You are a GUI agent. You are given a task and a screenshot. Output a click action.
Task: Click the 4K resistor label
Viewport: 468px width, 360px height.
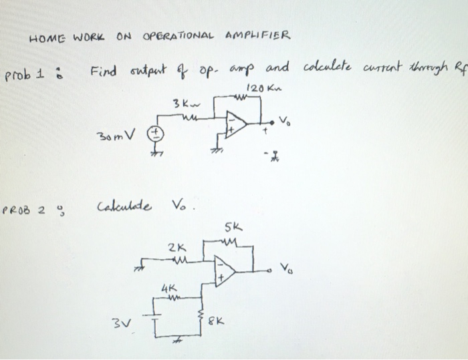coord(167,288)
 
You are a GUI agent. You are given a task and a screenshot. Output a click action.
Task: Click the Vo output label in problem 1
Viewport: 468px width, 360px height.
coord(285,122)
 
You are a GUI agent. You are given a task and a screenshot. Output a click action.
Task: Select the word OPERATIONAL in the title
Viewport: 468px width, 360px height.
coord(179,35)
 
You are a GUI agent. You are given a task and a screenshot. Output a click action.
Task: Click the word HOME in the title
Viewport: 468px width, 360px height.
coord(44,37)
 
